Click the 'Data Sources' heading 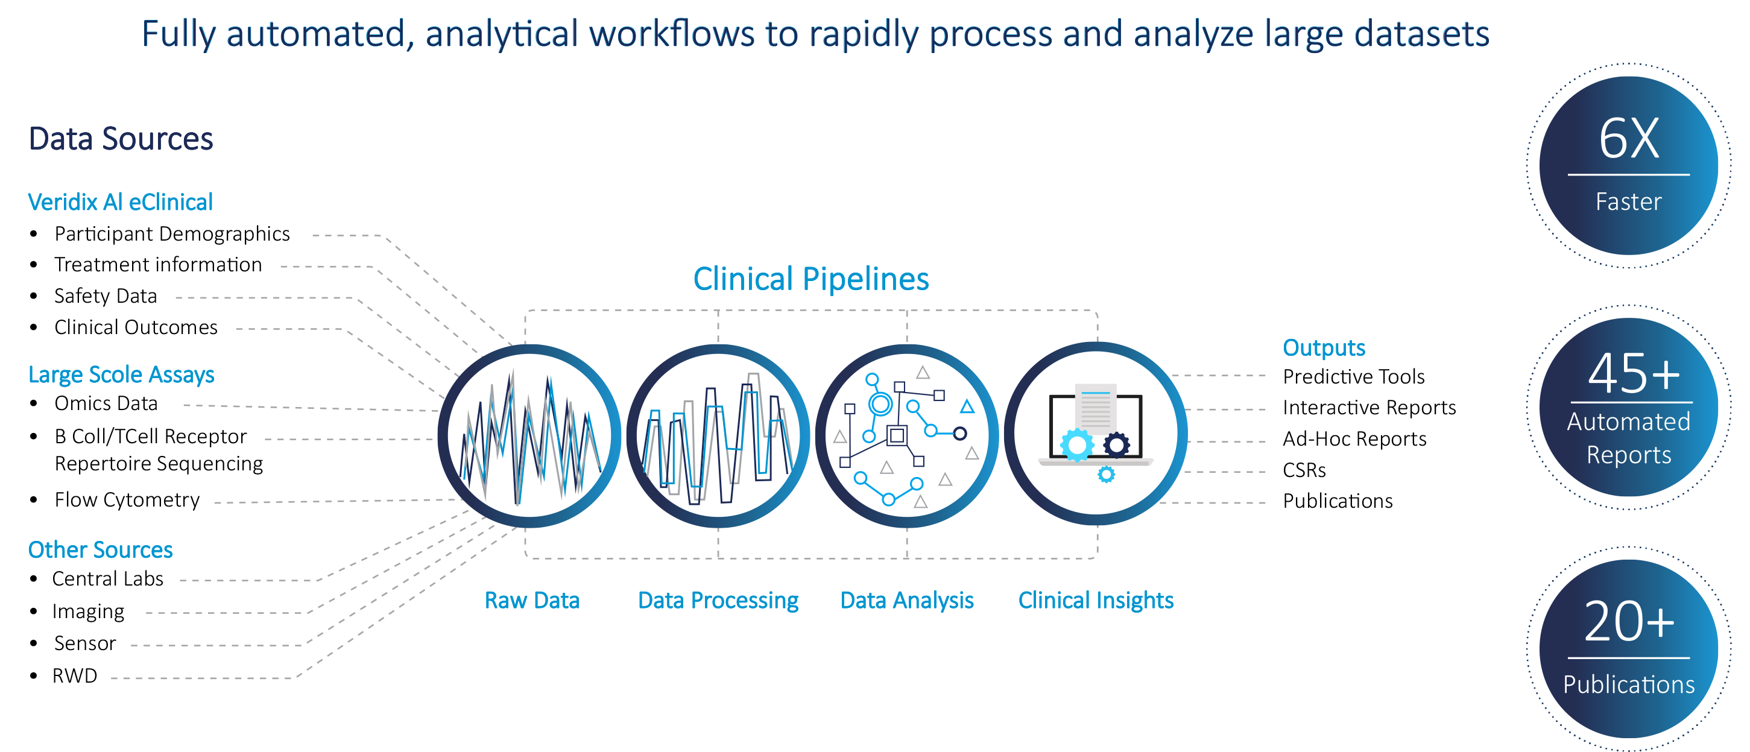point(121,139)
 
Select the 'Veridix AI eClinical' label point(120,203)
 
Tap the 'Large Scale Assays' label point(121,374)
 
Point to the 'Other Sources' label point(101,549)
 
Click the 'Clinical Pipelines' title point(810,279)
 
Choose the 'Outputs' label point(1324,348)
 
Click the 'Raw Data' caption point(531,601)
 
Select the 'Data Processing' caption point(718,601)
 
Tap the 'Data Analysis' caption point(907,601)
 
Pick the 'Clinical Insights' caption point(1095,601)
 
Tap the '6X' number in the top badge point(1628,139)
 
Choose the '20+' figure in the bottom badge point(1628,622)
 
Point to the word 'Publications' point(1628,684)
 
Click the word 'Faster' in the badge point(1628,202)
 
